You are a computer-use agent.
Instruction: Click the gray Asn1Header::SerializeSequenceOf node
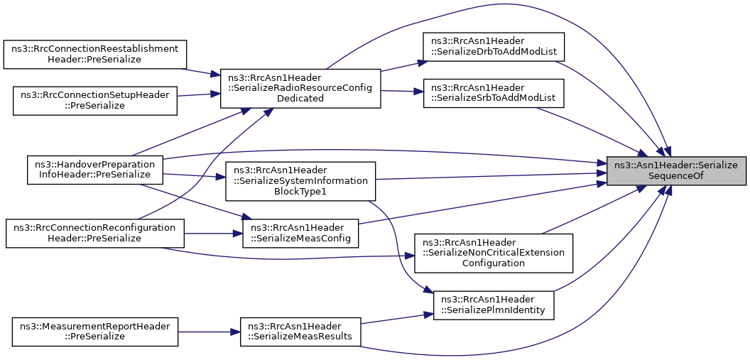point(676,171)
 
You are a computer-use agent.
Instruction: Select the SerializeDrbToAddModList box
point(494,46)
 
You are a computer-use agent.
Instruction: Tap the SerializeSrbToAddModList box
point(494,93)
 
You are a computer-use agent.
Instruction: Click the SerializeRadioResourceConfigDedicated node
point(300,89)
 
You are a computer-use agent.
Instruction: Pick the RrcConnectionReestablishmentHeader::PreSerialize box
point(94,55)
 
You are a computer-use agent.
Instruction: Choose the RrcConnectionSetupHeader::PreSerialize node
point(94,101)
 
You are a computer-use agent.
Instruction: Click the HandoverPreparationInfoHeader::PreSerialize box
point(95,168)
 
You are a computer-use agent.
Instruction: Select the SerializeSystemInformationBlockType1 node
point(300,181)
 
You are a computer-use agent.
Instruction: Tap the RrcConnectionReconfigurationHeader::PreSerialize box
point(94,234)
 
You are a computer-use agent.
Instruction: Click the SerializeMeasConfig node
point(300,234)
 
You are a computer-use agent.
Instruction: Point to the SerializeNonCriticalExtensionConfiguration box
point(493,253)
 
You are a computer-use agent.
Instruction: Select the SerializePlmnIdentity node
point(494,305)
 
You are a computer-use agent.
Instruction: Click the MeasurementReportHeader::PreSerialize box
point(94,332)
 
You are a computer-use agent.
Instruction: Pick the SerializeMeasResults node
point(300,332)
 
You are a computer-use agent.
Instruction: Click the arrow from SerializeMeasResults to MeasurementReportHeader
point(209,332)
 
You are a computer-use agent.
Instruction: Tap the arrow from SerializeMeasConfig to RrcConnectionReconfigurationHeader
point(213,234)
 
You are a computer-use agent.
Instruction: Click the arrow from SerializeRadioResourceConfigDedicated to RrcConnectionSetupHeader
point(198,95)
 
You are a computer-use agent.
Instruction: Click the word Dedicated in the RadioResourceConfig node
point(300,99)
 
